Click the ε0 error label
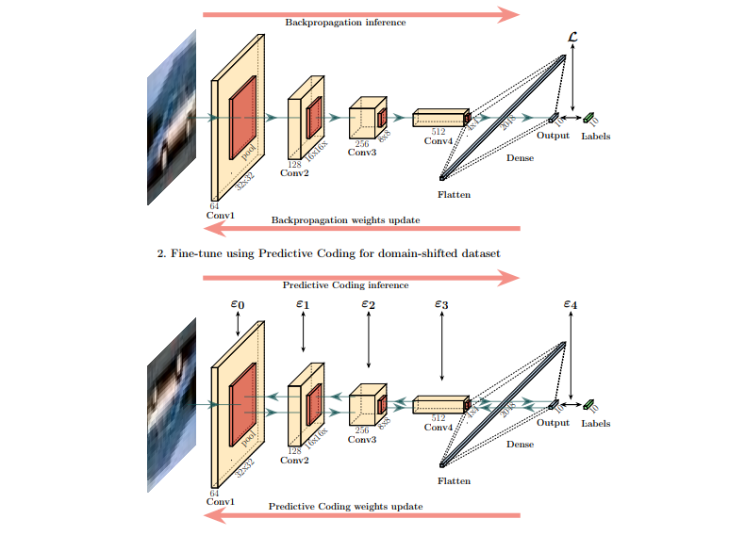(238, 305)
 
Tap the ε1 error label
(303, 305)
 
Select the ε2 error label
(368, 305)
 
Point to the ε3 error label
(441, 305)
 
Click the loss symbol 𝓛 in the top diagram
(572, 37)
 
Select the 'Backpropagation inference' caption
(345, 22)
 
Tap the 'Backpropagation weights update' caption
(345, 220)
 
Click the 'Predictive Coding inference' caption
(345, 284)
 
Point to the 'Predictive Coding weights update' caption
(345, 507)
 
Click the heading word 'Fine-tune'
(192, 253)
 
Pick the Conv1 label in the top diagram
(220, 215)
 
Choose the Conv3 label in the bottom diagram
(362, 439)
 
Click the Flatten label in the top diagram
(454, 195)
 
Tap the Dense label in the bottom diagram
(520, 445)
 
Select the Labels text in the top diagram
(596, 137)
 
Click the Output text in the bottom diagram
(554, 422)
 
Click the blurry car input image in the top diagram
(171, 118)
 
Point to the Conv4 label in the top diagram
(439, 141)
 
